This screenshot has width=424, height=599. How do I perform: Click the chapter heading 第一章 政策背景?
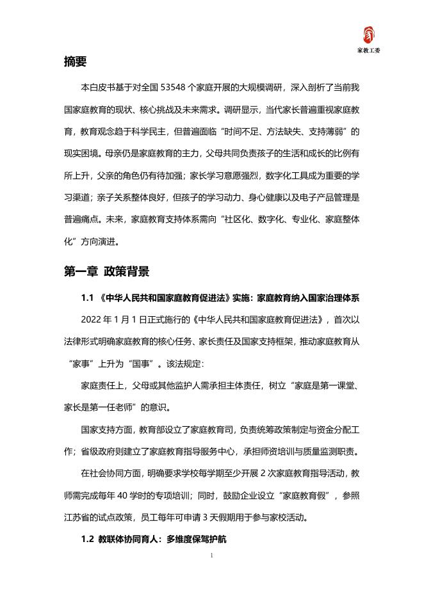point(106,272)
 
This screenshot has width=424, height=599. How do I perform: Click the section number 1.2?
point(88,540)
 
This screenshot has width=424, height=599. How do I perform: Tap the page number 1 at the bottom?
point(212,555)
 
